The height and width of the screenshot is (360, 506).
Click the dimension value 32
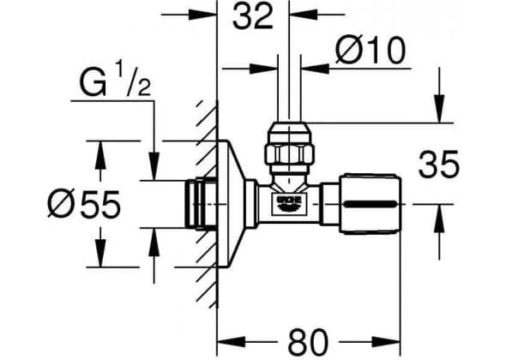253,17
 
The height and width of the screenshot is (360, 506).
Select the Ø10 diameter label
370,50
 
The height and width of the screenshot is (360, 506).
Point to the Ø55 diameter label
84,204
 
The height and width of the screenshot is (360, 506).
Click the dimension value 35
438,164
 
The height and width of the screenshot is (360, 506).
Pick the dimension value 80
308,341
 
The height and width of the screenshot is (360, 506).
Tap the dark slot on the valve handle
370,204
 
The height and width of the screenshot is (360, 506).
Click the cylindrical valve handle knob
370,204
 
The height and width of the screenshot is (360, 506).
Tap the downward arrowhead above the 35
439,109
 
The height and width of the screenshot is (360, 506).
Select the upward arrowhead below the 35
439,219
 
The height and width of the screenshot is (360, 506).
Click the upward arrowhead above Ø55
100,155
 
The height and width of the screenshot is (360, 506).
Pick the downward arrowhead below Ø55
100,253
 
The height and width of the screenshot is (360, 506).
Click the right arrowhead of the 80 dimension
386,341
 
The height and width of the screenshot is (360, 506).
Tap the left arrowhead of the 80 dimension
232,341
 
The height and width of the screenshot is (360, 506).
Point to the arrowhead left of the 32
202,15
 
